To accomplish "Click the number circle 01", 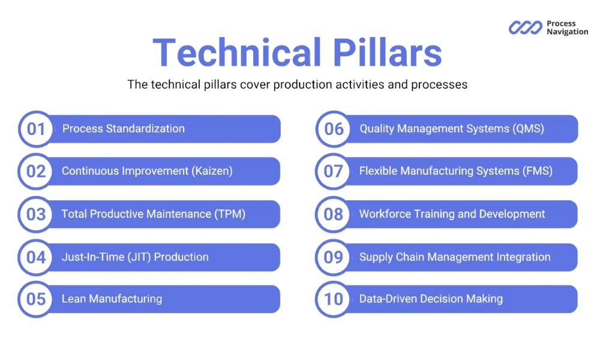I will tap(36, 129).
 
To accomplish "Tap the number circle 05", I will tap(36, 299).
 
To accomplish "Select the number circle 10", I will tap(334, 299).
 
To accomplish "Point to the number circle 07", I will tap(334, 172).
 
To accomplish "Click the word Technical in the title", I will tap(237, 53).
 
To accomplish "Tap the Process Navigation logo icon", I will tap(526, 28).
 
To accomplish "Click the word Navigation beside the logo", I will tap(567, 32).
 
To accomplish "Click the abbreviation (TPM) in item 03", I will tap(230, 214).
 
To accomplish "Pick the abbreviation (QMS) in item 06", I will tap(527, 128).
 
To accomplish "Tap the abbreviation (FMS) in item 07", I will tap(536, 171).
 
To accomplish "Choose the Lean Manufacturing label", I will tap(112, 299).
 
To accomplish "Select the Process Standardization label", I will tap(124, 128).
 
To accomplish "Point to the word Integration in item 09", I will tap(523, 257).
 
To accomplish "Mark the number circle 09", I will tap(334, 257).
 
